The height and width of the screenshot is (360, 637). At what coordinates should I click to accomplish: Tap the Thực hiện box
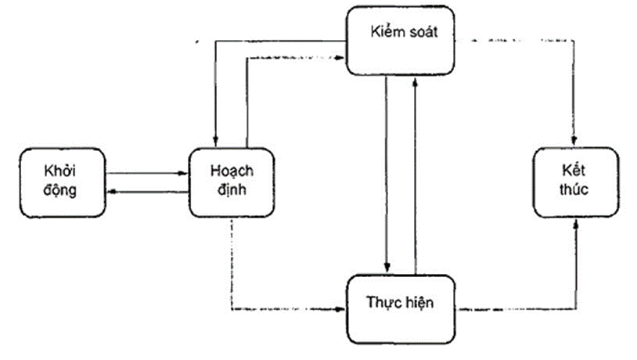tap(400, 308)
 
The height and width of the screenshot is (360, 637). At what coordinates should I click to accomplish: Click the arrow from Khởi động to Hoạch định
tap(149, 173)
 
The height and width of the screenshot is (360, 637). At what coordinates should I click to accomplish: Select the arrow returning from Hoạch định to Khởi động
tap(149, 190)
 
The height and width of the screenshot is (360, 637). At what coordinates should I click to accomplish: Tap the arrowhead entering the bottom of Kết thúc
tap(578, 223)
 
